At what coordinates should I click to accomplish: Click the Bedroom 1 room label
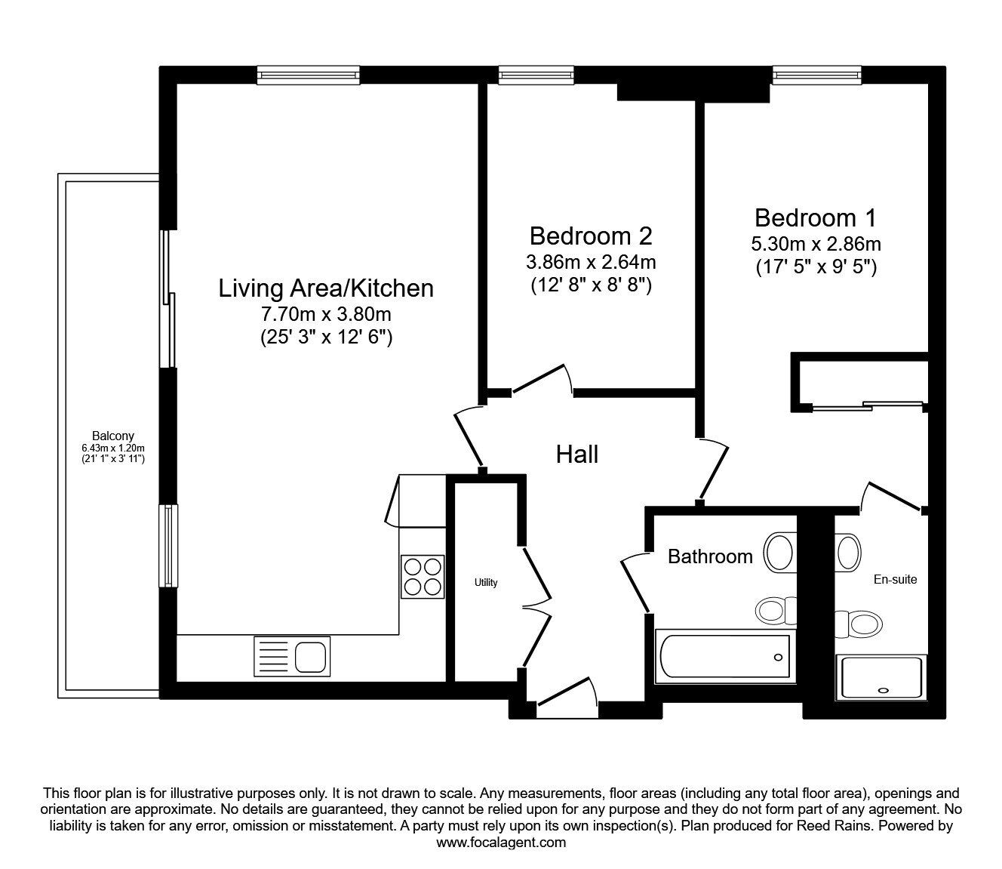pos(816,218)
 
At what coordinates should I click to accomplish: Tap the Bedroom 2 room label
pos(591,236)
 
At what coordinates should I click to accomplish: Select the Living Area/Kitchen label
pos(326,288)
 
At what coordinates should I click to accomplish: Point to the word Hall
pos(577,455)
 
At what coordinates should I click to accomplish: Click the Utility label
pos(486,582)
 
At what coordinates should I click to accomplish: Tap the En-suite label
pos(896,579)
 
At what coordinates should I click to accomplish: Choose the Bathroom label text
pos(710,556)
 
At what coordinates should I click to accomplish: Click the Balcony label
pos(113,436)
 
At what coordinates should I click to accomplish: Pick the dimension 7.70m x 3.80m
pos(326,314)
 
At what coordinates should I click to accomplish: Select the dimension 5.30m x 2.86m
pos(816,244)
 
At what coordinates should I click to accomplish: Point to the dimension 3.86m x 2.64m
pos(591,263)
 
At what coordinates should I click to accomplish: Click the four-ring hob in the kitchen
pos(423,577)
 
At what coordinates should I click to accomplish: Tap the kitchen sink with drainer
pos(292,657)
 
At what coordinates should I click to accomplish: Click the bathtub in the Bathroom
pos(725,657)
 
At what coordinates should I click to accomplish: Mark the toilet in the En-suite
pos(859,624)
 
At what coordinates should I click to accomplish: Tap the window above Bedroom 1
pos(817,75)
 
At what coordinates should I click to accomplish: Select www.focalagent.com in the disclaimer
pos(501,843)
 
